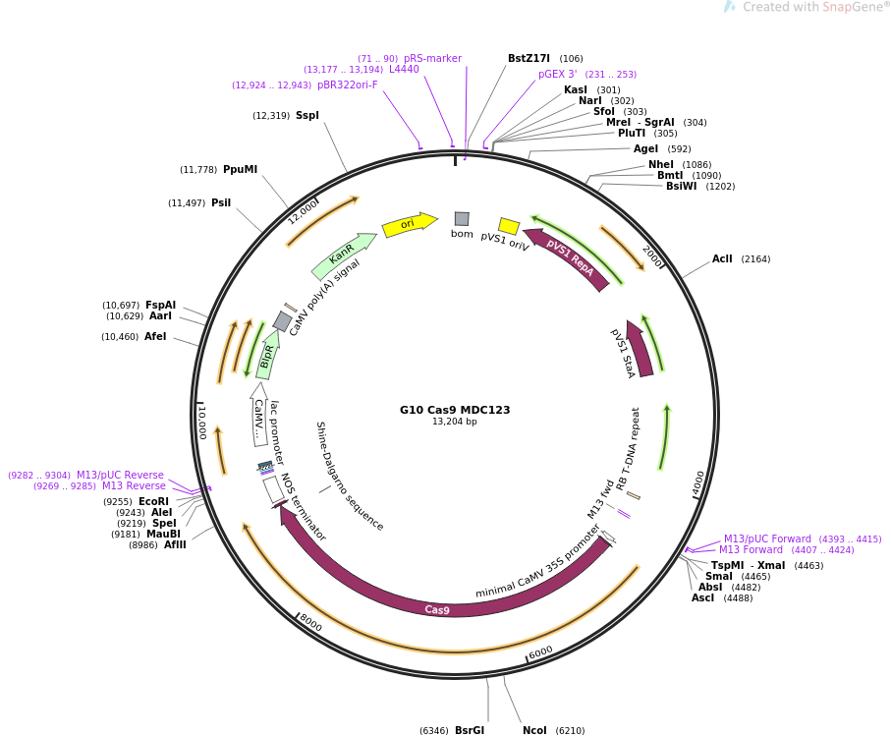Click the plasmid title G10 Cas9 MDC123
coord(455,410)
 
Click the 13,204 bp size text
coord(455,422)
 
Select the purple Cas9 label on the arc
coord(437,610)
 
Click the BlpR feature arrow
coord(266,356)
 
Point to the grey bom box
coord(462,219)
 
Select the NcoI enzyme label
coord(534,730)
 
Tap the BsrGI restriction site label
coord(470,730)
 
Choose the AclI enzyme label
coord(722,258)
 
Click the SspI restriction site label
coord(307,115)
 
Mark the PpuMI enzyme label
coord(240,169)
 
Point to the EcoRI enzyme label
coord(153,501)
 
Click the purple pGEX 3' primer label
coord(557,74)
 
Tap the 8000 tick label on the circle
coord(310,623)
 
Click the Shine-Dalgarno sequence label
coord(349,476)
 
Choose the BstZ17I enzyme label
coord(529,58)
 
